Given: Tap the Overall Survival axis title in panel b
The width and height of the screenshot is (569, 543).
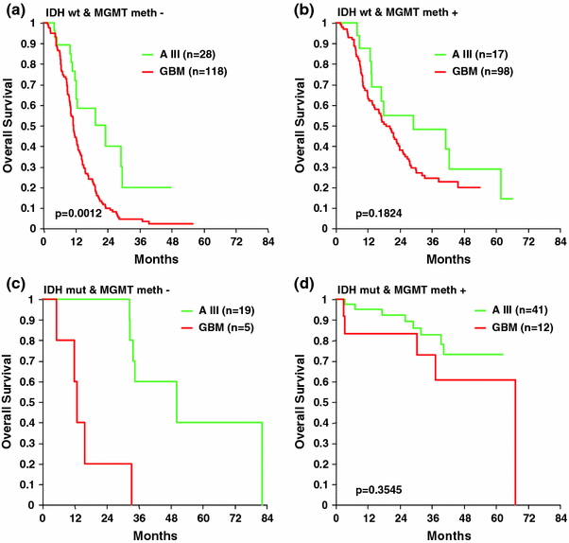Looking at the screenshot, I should click(x=303, y=125).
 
